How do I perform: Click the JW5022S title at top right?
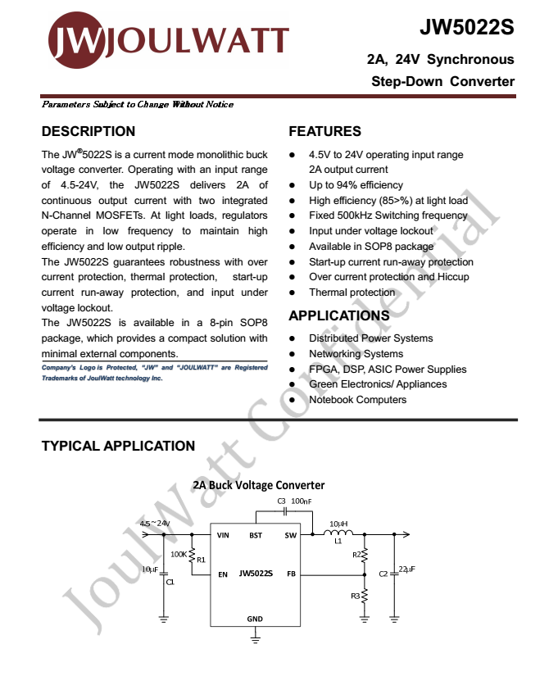(467, 28)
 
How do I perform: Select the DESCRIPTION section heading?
(88, 131)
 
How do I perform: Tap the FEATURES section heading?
(324, 131)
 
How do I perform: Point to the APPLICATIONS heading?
(339, 315)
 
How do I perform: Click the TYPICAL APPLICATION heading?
(118, 446)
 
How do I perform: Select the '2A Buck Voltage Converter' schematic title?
(259, 485)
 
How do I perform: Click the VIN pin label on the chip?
(223, 535)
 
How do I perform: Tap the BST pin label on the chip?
(256, 535)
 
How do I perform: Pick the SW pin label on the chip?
(290, 535)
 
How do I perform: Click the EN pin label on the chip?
(222, 574)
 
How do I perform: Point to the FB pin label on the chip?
(291, 574)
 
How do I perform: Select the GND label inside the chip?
(255, 619)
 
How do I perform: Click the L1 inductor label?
(338, 542)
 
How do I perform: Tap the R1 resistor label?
(201, 560)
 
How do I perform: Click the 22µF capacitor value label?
(406, 569)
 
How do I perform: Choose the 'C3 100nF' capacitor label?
(294, 501)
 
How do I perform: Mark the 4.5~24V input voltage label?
(154, 523)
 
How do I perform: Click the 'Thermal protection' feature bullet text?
(352, 293)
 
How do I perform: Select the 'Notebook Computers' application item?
(357, 400)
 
